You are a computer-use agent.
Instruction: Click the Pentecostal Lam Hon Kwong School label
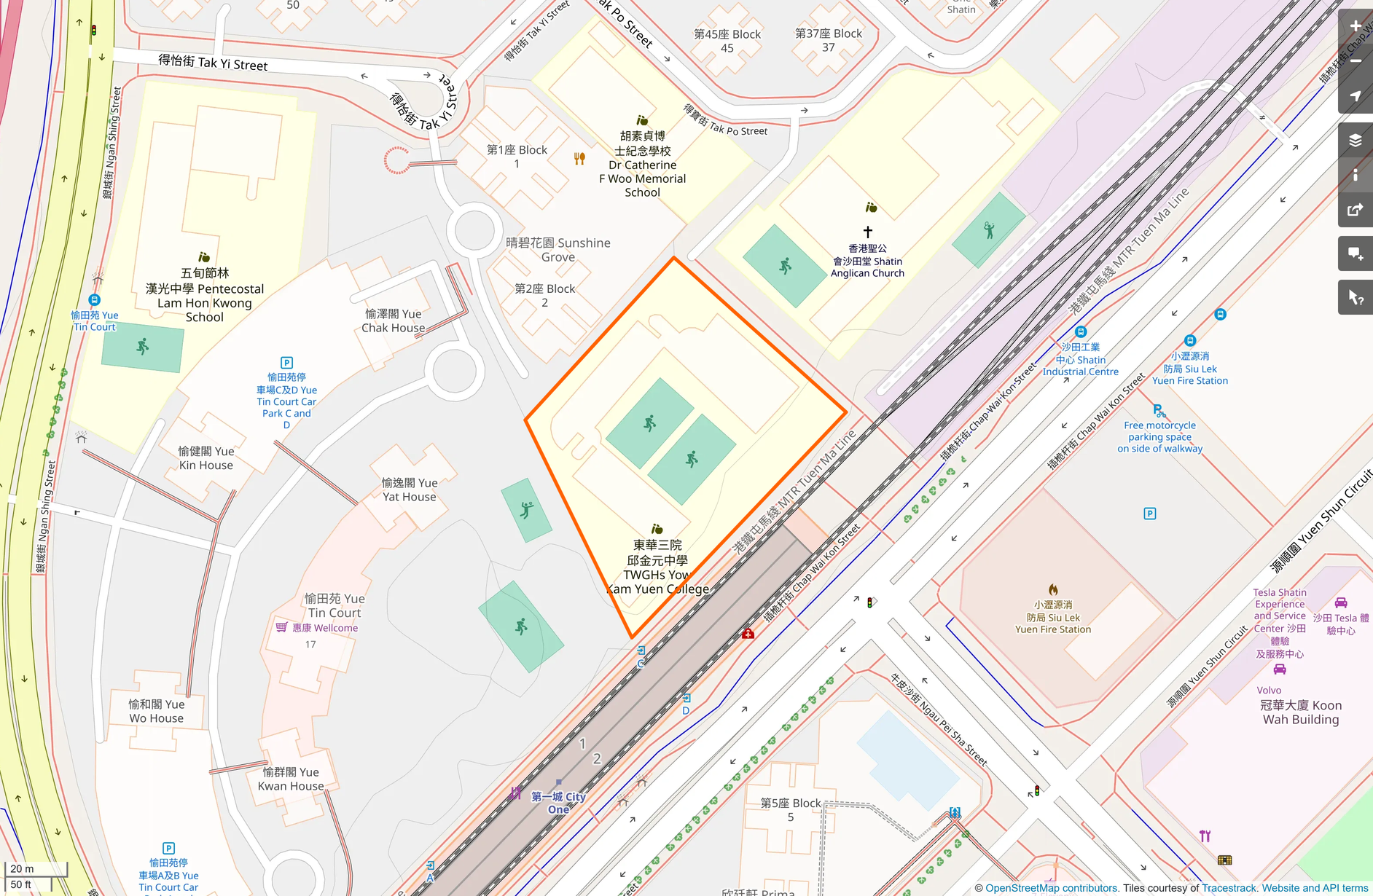[205, 295]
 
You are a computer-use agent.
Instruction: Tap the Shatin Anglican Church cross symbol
[867, 232]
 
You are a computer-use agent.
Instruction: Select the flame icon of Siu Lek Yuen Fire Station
[1053, 589]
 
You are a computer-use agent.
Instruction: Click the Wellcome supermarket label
[324, 628]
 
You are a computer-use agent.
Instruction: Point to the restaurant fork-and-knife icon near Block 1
[579, 159]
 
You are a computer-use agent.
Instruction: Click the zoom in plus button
[1356, 26]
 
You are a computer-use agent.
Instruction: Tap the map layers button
[1356, 141]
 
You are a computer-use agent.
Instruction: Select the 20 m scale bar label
[22, 868]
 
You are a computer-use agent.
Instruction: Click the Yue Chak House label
[394, 321]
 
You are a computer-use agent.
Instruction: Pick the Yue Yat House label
[410, 490]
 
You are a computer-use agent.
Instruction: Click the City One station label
[558, 803]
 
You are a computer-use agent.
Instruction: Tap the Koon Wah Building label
[1301, 712]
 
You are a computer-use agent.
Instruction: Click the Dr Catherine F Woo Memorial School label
[642, 165]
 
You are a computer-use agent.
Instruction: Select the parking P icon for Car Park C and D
[286, 363]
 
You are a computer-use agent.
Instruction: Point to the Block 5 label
[791, 809]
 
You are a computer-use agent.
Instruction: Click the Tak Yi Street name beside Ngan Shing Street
[213, 63]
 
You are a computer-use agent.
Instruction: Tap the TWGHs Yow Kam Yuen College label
[657, 567]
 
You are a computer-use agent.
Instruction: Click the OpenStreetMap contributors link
[1051, 888]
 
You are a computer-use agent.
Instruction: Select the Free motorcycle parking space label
[1159, 437]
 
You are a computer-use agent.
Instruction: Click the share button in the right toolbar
[1356, 211]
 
